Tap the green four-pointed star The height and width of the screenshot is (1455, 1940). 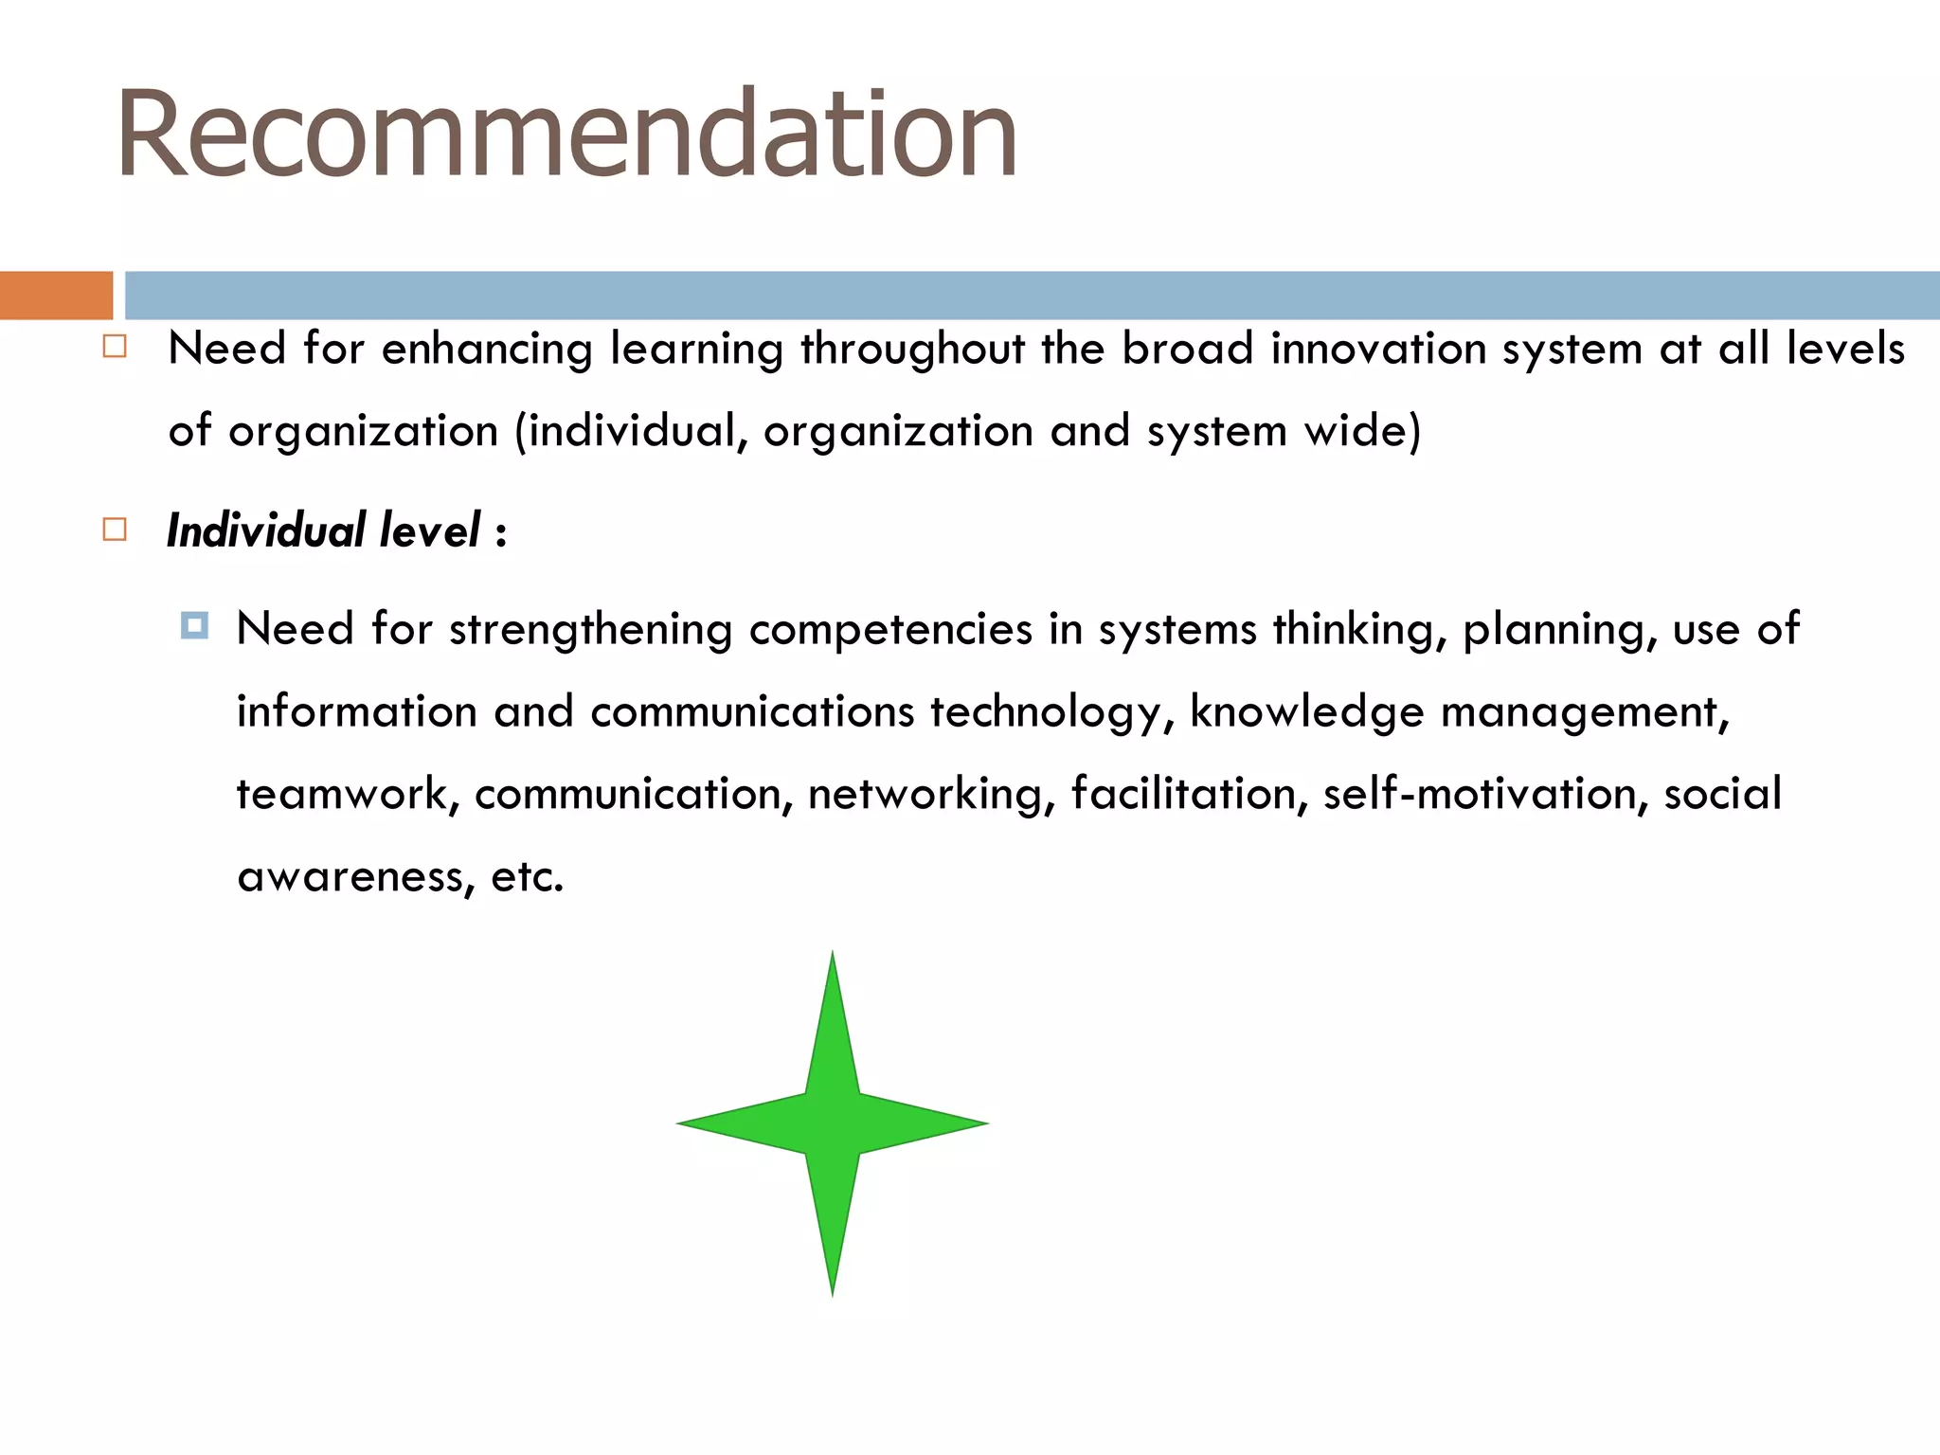point(833,1123)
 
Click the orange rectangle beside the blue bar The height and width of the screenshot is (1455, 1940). point(56,296)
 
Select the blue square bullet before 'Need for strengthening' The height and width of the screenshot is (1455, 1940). point(194,625)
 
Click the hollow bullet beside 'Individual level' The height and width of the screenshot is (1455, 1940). point(115,529)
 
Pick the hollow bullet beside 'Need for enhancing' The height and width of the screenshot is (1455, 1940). point(115,347)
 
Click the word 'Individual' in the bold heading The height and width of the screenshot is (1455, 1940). point(266,530)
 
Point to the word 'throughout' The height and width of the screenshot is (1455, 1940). point(912,350)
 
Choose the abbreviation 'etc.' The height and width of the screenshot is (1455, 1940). point(527,876)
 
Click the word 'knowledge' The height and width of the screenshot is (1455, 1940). point(1306,712)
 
